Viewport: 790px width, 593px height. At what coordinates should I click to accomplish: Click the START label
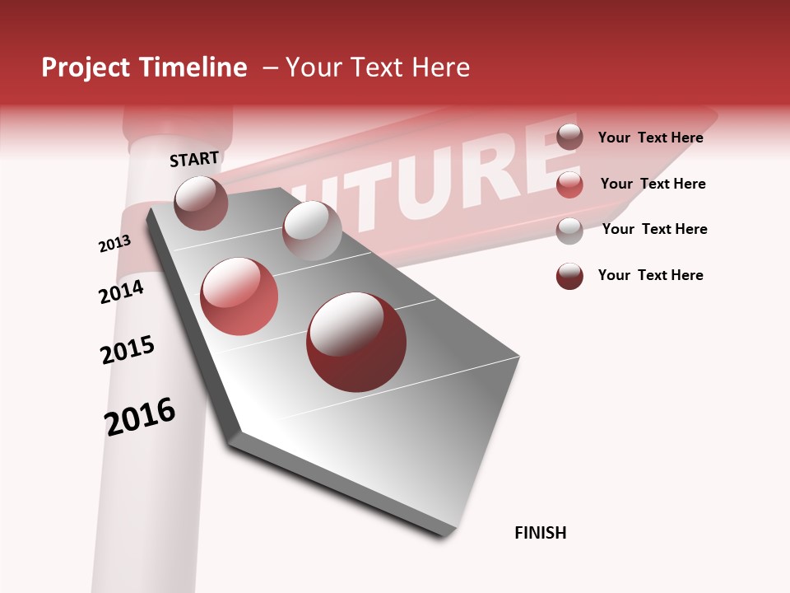[x=194, y=159]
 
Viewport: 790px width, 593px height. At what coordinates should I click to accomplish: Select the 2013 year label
[x=114, y=244]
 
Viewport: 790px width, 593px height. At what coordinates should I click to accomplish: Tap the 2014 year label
[x=121, y=292]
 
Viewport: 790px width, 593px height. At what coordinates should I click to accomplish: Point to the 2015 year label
[x=128, y=350]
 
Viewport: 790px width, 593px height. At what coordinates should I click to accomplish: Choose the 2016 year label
[x=140, y=417]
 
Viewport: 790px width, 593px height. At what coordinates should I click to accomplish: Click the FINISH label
[x=541, y=533]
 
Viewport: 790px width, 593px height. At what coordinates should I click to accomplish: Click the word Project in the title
[x=86, y=68]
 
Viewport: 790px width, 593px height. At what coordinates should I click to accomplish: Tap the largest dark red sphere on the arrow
[x=356, y=342]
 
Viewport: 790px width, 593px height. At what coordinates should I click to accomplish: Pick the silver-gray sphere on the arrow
[x=312, y=231]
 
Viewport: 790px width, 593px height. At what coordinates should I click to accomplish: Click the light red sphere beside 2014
[x=239, y=296]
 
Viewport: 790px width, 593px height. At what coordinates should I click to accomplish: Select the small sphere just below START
[x=202, y=203]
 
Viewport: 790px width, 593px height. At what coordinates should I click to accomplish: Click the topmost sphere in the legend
[x=569, y=137]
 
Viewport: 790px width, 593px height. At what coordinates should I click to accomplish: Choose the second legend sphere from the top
[x=569, y=184]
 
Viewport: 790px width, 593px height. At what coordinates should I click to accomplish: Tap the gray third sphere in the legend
[x=569, y=231]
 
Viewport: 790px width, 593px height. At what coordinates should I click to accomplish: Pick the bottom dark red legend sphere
[x=569, y=276]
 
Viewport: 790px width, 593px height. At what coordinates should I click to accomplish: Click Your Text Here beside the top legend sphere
[x=650, y=138]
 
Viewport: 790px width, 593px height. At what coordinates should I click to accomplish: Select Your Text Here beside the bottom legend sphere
[x=650, y=275]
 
